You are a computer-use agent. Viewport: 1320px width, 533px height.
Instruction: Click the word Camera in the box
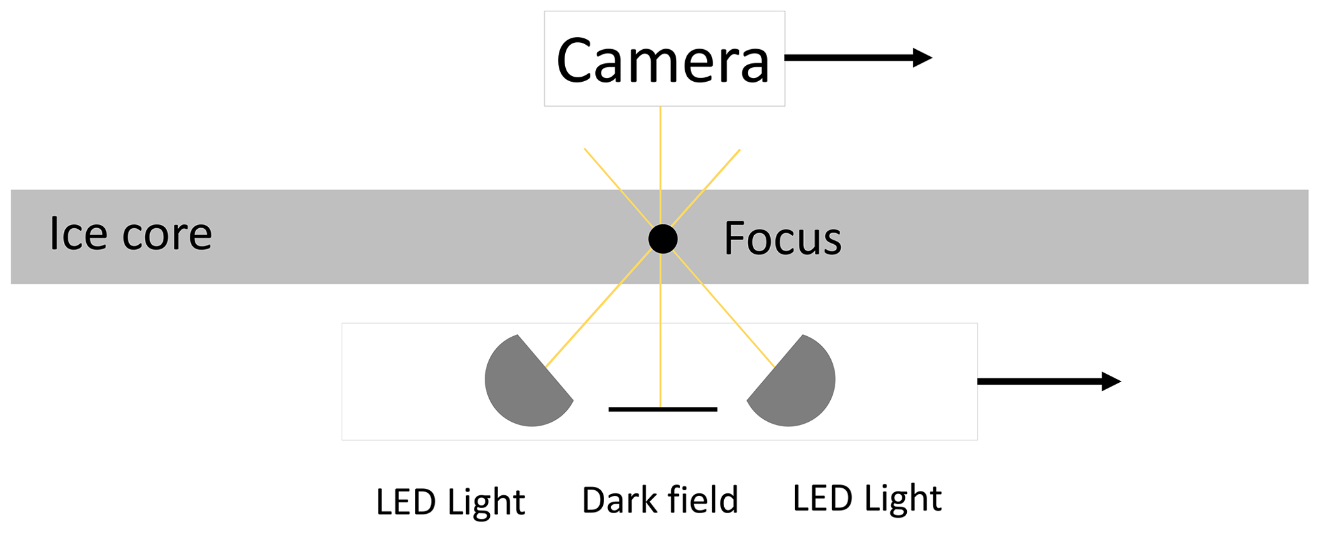663,61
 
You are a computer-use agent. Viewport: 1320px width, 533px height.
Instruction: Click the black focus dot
663,239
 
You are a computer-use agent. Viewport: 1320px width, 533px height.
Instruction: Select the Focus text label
782,239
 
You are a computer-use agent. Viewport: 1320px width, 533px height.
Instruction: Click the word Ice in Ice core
78,234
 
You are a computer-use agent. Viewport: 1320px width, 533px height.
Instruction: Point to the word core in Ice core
167,235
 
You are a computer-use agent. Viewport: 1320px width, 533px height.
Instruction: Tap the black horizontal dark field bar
663,409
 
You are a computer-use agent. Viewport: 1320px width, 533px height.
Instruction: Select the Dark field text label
660,500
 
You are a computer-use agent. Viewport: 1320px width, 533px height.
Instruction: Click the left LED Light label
450,502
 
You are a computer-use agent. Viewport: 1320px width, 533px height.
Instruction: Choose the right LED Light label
867,499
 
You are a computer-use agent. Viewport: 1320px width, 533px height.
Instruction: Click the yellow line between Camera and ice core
660,147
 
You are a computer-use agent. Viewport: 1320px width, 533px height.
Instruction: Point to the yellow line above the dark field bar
660,345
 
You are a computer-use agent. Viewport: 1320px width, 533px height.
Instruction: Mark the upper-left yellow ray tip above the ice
586,151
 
